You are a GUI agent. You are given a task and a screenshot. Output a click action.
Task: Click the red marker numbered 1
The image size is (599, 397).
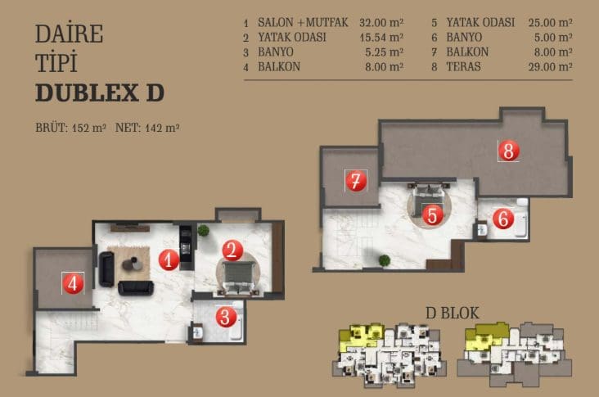tap(169, 259)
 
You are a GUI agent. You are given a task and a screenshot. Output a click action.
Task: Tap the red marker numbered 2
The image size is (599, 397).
tap(232, 250)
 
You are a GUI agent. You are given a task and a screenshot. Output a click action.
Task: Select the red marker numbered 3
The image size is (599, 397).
tap(226, 317)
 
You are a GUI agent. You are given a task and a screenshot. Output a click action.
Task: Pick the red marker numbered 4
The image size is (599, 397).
tap(73, 283)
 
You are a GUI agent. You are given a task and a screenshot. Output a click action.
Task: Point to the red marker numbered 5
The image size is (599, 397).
tap(432, 215)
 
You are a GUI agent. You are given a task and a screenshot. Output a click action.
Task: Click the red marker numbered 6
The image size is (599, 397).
tap(503, 219)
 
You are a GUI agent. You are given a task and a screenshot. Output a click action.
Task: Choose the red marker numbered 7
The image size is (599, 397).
tap(356, 181)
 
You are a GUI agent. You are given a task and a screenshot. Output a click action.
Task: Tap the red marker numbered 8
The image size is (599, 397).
tap(508, 151)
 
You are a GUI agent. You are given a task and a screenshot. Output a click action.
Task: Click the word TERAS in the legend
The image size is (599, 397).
tap(463, 67)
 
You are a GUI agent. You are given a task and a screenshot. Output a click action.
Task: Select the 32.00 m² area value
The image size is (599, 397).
tap(381, 23)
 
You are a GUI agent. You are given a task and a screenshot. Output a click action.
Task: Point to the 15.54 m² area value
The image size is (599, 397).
tap(381, 38)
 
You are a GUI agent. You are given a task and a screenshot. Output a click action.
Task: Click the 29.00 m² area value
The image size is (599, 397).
tap(550, 67)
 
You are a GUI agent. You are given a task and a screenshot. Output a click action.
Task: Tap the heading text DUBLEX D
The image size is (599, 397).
tap(100, 92)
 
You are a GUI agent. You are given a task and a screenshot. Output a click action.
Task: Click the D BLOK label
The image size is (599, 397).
tap(453, 313)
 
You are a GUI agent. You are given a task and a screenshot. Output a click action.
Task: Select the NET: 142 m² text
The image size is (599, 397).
tap(147, 128)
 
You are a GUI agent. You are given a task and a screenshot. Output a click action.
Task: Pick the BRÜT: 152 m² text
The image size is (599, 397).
tap(70, 128)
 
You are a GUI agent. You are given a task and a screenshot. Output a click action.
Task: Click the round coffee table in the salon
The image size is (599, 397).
tap(133, 264)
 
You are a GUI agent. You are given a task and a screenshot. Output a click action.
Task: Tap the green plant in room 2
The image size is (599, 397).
tap(204, 230)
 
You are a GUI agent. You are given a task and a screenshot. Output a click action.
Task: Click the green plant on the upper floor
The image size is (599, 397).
tap(385, 260)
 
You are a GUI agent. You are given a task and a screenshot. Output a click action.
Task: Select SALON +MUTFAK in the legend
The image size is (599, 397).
tap(303, 23)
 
